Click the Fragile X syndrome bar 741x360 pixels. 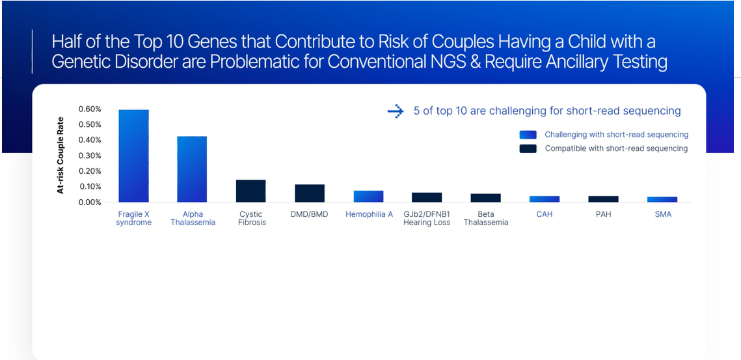(134, 156)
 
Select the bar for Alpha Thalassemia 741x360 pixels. (192, 169)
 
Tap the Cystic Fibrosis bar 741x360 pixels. (251, 191)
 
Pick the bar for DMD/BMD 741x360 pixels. (310, 193)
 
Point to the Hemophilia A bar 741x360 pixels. (369, 197)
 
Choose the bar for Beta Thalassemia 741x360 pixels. (486, 198)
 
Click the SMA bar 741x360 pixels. (662, 200)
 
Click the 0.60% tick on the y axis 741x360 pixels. (90, 109)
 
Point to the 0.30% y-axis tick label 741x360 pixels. (90, 156)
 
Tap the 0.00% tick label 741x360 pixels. (90, 202)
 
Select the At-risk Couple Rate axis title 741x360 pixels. (61, 155)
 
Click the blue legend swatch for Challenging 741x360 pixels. (528, 134)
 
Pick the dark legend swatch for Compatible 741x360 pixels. (528, 148)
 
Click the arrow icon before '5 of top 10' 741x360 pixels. (395, 111)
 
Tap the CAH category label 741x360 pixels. (545, 214)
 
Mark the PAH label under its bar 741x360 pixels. (603, 214)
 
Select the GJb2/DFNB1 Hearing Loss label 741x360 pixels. (427, 218)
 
